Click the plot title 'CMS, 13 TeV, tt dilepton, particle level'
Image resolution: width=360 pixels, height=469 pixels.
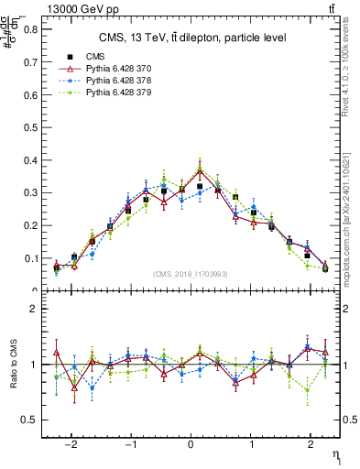[x=192, y=38]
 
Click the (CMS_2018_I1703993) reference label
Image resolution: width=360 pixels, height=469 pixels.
[x=190, y=274]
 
